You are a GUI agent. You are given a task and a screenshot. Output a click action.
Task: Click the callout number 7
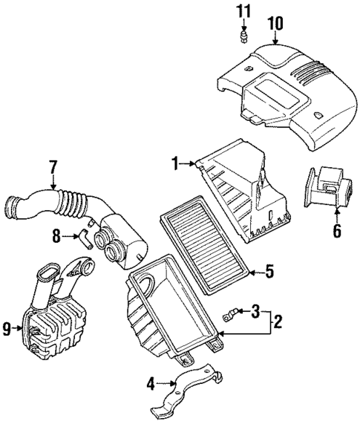(53, 169)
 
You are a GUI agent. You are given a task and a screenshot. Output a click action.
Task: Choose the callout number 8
(55, 237)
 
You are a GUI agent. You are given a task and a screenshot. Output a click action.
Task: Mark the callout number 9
(7, 327)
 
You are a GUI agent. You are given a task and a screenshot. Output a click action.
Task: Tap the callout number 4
(151, 384)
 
